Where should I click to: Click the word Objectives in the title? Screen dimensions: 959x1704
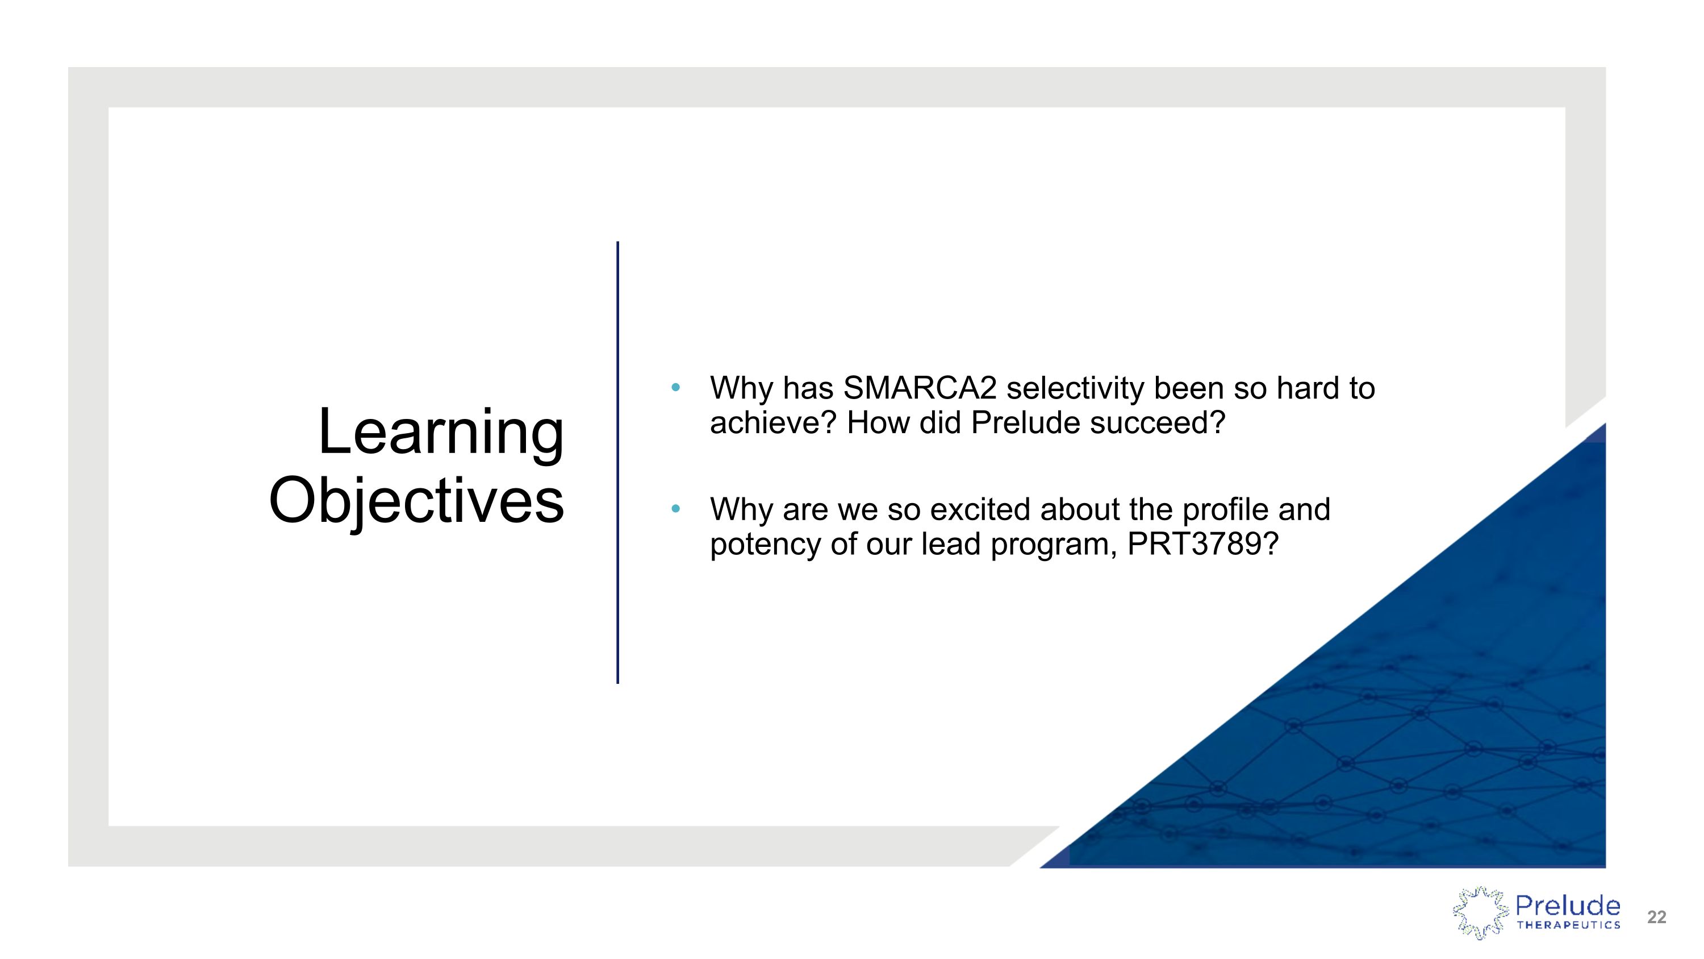417,501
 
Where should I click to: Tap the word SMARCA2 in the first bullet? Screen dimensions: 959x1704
920,388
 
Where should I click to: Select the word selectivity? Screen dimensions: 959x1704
1076,388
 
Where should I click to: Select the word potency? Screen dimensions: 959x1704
765,545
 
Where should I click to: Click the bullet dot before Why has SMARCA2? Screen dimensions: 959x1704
675,387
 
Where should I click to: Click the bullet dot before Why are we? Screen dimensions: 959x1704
675,509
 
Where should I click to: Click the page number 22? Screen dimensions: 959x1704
1656,918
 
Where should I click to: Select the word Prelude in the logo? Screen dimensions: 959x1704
1568,905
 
